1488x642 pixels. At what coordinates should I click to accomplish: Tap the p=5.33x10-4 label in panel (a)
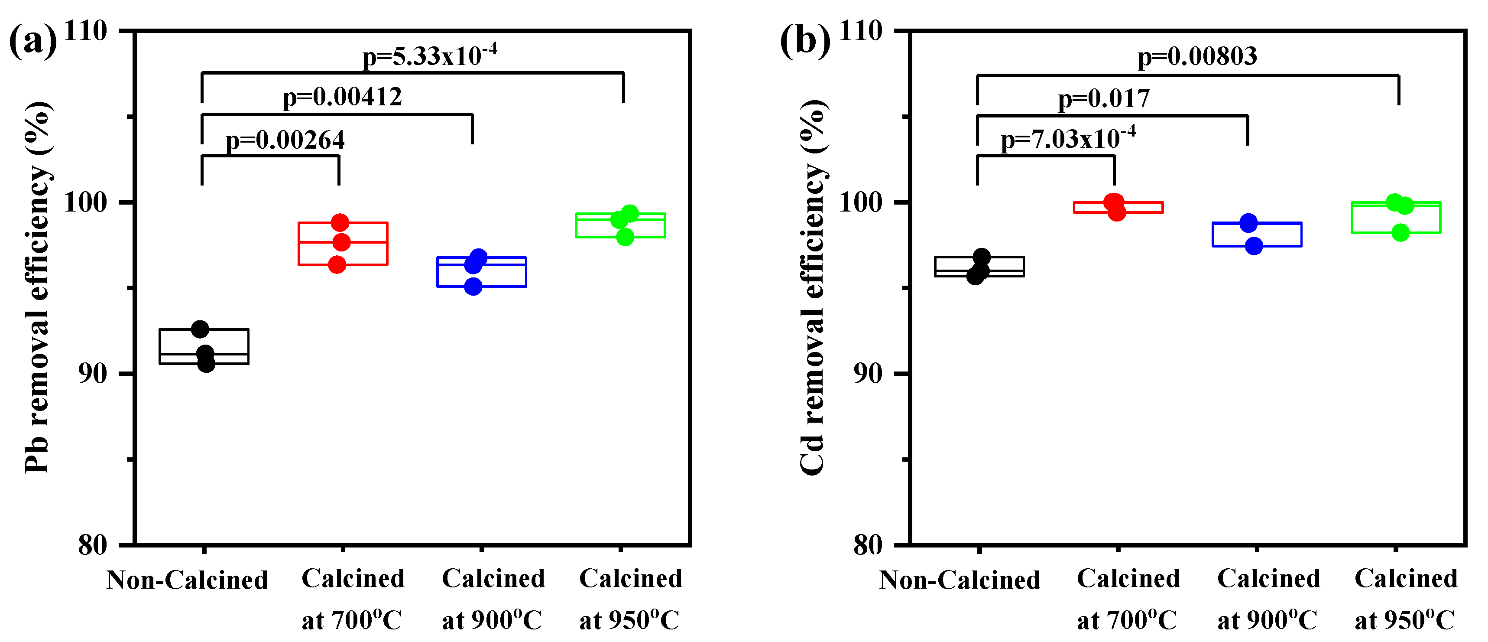[429, 56]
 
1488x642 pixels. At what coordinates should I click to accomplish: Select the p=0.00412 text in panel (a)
[342, 97]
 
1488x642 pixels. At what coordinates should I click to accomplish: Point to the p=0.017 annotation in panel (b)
[1103, 99]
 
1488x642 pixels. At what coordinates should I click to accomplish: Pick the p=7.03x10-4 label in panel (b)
[1067, 139]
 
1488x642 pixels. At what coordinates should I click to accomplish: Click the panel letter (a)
[33, 42]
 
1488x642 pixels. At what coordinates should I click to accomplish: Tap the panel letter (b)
[805, 42]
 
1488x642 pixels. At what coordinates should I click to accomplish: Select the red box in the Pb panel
[343, 244]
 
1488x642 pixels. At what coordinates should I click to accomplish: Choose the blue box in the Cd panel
[1257, 235]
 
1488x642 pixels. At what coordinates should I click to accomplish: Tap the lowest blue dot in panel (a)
[473, 287]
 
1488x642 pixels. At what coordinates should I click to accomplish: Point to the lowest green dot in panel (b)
[1400, 233]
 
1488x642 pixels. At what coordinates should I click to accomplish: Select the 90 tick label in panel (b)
[868, 374]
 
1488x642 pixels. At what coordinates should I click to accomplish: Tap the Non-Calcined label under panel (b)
[960, 580]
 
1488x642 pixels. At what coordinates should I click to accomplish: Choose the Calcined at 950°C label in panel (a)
[630, 599]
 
